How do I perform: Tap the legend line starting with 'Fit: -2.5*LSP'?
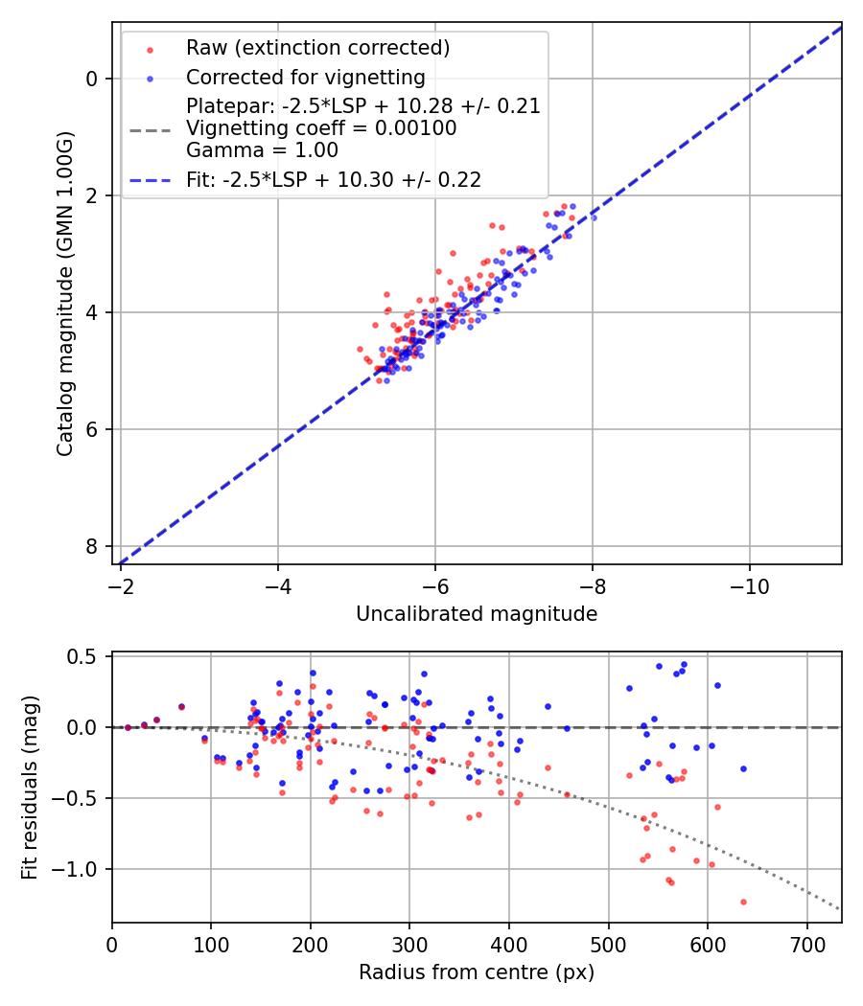pyautogui.click(x=334, y=179)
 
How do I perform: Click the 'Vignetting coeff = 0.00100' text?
pyautogui.click(x=321, y=127)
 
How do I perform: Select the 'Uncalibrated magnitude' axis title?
pyautogui.click(x=477, y=614)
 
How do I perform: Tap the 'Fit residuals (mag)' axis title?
pyautogui.click(x=30, y=788)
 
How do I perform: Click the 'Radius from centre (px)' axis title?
pyautogui.click(x=477, y=972)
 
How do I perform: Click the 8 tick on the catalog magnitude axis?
pyautogui.click(x=92, y=546)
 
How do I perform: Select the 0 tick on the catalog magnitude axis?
pyautogui.click(x=92, y=79)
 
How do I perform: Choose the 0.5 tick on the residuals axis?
pyautogui.click(x=87, y=656)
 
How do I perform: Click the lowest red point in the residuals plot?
pyautogui.click(x=743, y=902)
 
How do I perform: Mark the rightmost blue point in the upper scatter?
pyautogui.click(x=594, y=217)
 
